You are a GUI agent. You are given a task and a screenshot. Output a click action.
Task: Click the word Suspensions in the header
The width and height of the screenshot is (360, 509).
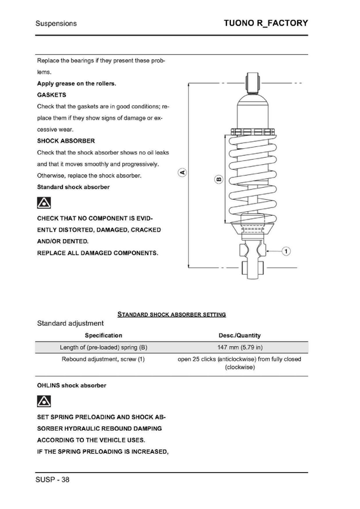pos(56,24)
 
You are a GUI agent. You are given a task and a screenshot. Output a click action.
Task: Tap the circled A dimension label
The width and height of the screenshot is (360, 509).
pos(182,172)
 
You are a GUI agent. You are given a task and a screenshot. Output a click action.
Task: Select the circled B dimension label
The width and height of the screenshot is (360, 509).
pos(219,179)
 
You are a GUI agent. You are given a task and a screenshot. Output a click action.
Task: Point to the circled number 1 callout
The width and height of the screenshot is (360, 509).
pos(286,251)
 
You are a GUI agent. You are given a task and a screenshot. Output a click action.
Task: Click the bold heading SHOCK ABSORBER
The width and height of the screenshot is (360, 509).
pos(66,140)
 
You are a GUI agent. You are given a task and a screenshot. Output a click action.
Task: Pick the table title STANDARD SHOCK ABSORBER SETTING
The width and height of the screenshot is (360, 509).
pos(173,314)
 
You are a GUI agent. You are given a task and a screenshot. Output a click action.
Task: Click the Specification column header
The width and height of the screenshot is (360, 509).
pos(103,335)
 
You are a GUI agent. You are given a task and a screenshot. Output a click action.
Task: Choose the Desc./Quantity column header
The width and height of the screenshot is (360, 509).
pos(240,335)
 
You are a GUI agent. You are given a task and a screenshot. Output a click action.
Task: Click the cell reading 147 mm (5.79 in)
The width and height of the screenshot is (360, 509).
pos(240,347)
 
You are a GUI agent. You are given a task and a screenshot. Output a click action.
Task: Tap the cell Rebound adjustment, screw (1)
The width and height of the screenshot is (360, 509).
pos(103,359)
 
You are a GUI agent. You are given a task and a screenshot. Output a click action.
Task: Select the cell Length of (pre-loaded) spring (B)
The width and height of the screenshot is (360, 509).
pos(103,347)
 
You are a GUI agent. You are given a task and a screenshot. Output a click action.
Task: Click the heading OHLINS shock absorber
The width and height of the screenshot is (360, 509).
pos(71,386)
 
